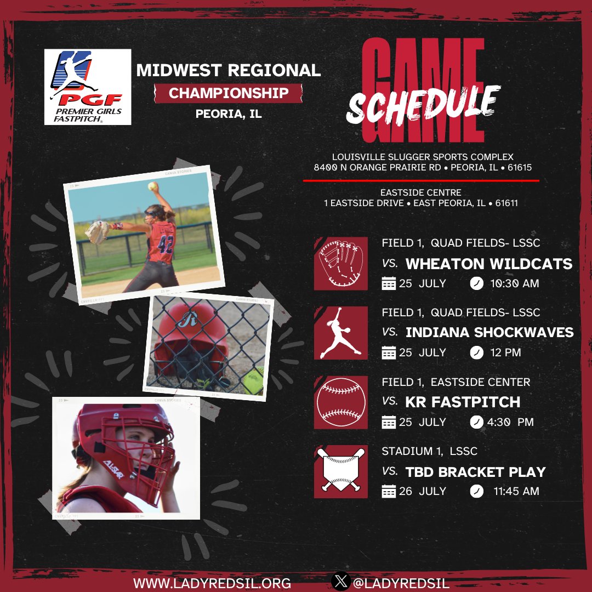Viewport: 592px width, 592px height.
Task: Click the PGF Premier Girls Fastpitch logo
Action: tap(88, 87)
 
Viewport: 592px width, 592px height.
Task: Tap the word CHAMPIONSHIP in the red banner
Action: tap(229, 93)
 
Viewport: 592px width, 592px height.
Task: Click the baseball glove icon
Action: tap(341, 264)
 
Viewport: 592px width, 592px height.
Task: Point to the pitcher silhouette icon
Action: tap(341, 333)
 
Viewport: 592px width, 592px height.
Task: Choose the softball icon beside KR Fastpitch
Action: tap(341, 402)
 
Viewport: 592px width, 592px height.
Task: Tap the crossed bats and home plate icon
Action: tap(341, 471)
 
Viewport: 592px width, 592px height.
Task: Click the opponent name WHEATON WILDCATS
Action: tap(489, 264)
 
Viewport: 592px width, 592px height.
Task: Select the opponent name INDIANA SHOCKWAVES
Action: tap(489, 332)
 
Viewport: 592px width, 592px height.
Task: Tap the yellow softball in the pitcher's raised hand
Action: tap(152, 186)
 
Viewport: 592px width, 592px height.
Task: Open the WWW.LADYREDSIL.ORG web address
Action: tap(212, 582)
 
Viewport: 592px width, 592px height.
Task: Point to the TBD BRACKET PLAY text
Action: tap(475, 471)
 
